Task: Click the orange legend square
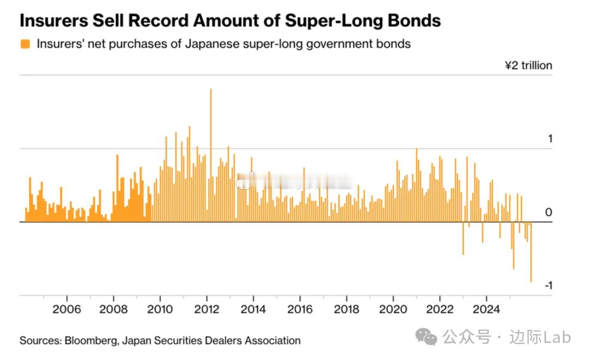pyautogui.click(x=25, y=44)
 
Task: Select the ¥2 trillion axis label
pyautogui.click(x=528, y=66)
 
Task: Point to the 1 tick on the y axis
pyautogui.click(x=550, y=139)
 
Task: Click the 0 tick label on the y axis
pyautogui.click(x=550, y=212)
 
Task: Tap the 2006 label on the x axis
pyautogui.click(x=67, y=310)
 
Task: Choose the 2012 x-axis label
pyautogui.click(x=206, y=310)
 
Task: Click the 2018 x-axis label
pyautogui.click(x=346, y=310)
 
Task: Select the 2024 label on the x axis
pyautogui.click(x=486, y=310)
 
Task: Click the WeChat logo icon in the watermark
pyautogui.click(x=426, y=338)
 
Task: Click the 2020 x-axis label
pyautogui.click(x=393, y=310)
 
